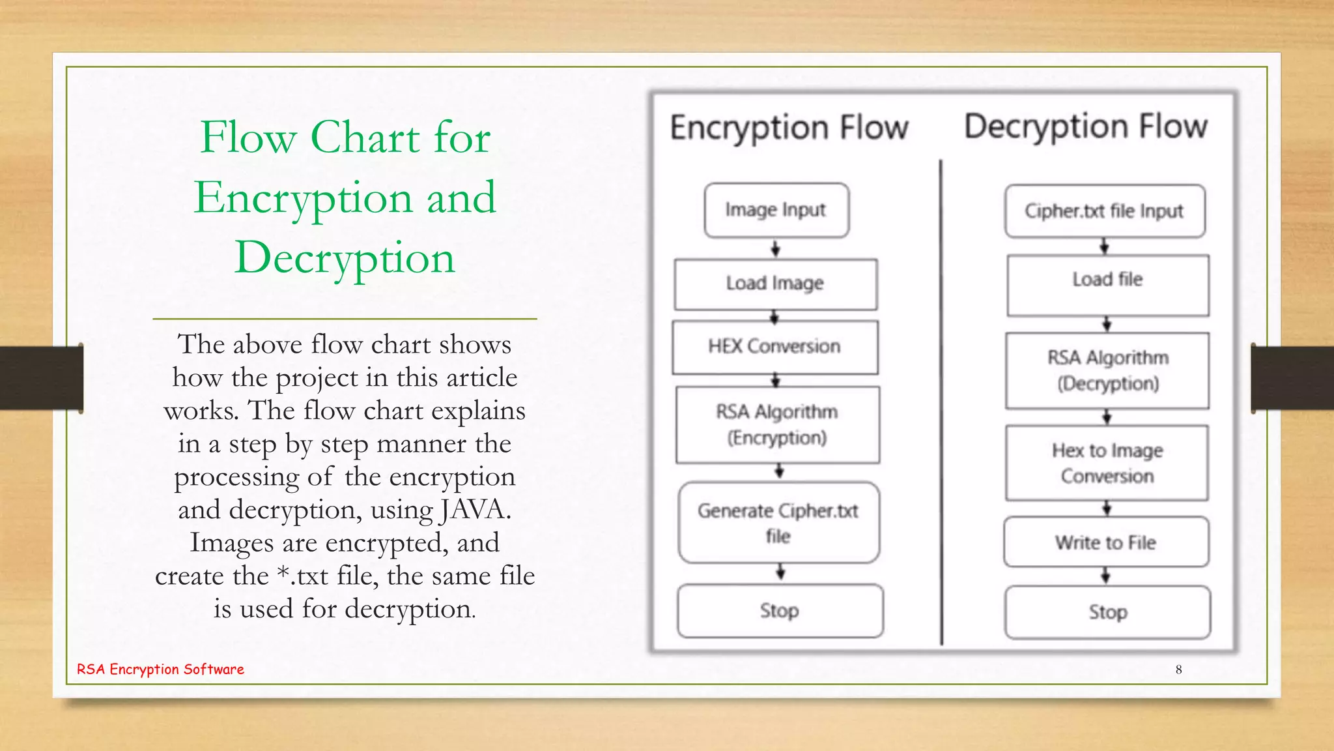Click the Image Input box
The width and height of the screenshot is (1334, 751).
pyautogui.click(x=776, y=210)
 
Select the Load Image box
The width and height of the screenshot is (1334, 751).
pyautogui.click(x=776, y=284)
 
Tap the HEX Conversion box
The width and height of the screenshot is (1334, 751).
pyautogui.click(x=775, y=347)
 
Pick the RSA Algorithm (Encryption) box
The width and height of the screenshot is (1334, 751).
pyautogui.click(x=778, y=424)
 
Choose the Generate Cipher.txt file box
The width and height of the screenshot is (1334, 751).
pyautogui.click(x=778, y=522)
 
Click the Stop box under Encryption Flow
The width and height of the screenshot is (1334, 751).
pyautogui.click(x=780, y=611)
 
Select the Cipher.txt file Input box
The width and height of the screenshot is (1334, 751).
pyautogui.click(x=1105, y=211)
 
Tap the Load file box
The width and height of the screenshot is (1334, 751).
pyautogui.click(x=1108, y=285)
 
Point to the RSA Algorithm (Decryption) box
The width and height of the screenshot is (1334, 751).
pyautogui.click(x=1107, y=370)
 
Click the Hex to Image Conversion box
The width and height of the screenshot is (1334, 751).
pyautogui.click(x=1107, y=463)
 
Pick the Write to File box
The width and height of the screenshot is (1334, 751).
pyautogui.click(x=1106, y=542)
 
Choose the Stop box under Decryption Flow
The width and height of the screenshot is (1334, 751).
pyautogui.click(x=1108, y=612)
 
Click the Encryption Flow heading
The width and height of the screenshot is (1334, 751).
pyautogui.click(x=789, y=128)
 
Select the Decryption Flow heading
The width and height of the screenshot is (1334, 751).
pyautogui.click(x=1086, y=126)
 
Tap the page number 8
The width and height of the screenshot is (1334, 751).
pyautogui.click(x=1178, y=670)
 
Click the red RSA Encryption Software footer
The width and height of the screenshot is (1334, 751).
pyautogui.click(x=160, y=670)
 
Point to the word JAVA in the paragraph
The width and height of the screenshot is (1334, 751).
pyautogui.click(x=473, y=510)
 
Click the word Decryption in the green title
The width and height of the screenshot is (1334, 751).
pyautogui.click(x=345, y=258)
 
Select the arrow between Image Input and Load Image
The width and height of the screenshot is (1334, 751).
pyautogui.click(x=776, y=248)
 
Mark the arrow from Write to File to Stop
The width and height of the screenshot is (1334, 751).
pyautogui.click(x=1106, y=576)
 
